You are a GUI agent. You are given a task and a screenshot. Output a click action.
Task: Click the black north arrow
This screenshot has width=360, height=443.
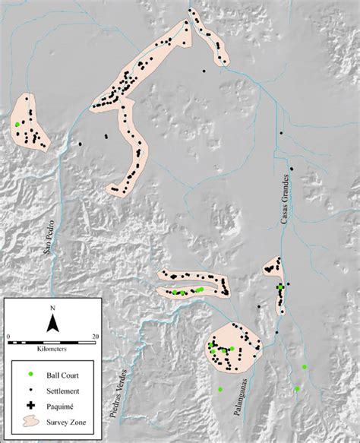52,324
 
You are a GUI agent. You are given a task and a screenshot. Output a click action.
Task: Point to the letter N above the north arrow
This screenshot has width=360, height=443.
52,308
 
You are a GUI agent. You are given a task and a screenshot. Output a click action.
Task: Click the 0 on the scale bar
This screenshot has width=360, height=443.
9,335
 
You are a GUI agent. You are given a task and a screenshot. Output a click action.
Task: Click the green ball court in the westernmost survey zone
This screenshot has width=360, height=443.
16,124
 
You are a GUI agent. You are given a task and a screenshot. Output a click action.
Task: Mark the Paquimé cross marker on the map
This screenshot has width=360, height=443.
280,286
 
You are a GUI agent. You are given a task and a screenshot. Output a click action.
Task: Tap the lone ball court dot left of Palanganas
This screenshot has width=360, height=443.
220,390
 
